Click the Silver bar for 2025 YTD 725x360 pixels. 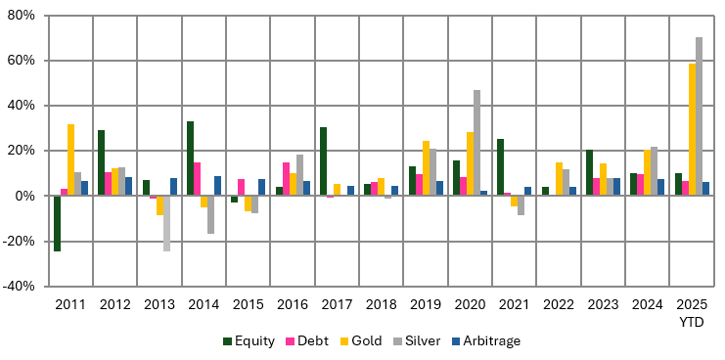[x=699, y=116]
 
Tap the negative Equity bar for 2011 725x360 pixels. [x=57, y=223]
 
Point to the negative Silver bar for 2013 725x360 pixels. [x=166, y=223]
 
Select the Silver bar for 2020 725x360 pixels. [x=476, y=143]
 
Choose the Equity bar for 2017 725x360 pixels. [x=323, y=161]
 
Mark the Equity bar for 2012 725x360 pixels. [x=101, y=162]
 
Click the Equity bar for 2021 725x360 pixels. [x=500, y=167]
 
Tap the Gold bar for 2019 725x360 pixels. [x=426, y=168]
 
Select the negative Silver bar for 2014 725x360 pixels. [x=210, y=214]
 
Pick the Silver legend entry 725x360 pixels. [x=419, y=340]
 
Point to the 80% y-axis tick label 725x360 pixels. [x=21, y=16]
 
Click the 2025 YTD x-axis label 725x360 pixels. [x=691, y=313]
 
